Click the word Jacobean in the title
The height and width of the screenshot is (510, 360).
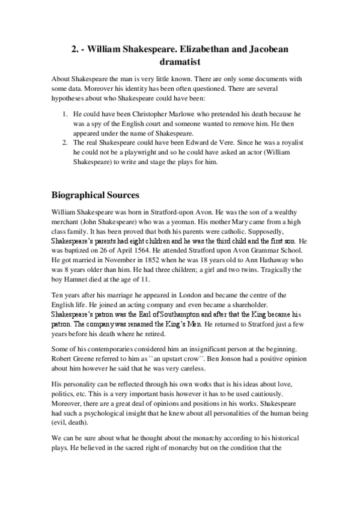coord(269,49)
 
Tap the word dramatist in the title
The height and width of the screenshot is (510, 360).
coord(180,61)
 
